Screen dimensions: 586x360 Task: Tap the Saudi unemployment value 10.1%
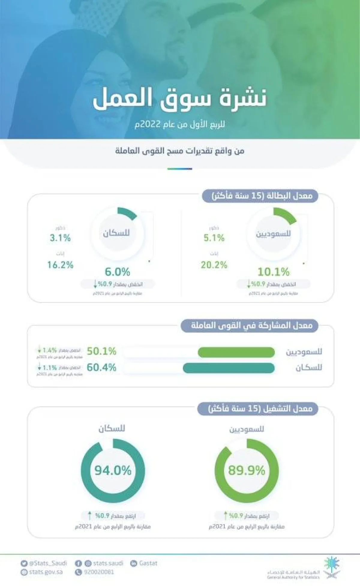click(x=273, y=272)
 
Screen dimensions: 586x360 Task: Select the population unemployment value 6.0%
click(x=117, y=272)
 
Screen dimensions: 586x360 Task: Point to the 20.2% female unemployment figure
click(x=214, y=265)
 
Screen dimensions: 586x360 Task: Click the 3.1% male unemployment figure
click(x=60, y=238)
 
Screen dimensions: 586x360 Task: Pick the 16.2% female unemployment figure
click(x=60, y=265)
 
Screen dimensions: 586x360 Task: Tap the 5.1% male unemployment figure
click(x=214, y=238)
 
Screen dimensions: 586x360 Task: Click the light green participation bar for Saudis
click(x=236, y=352)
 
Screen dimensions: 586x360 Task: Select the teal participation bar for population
click(x=229, y=368)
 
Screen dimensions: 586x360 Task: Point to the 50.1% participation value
click(x=101, y=351)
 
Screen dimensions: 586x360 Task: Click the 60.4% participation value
click(x=101, y=367)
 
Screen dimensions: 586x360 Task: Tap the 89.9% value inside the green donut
click(x=247, y=470)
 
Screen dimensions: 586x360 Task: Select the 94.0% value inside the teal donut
click(x=113, y=470)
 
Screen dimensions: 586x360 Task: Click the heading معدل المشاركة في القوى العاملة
click(x=251, y=326)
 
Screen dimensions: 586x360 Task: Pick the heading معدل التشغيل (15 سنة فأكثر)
click(x=260, y=409)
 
